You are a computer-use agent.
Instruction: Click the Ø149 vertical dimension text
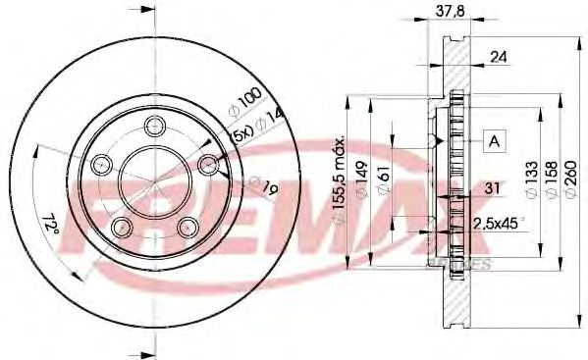(x=361, y=180)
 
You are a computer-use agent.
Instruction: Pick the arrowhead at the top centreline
(x=148, y=11)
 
